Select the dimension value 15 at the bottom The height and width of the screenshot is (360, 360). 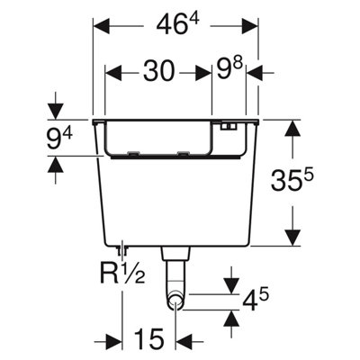148,339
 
